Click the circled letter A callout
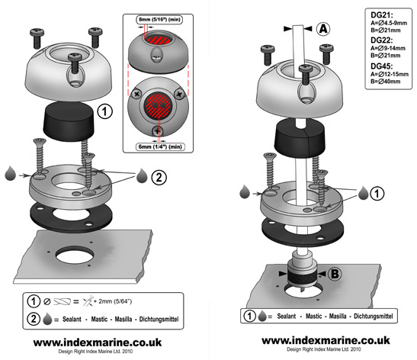coord(323,28)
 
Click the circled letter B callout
coord(335,274)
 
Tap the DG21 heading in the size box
coord(382,15)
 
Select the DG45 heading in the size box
coord(382,66)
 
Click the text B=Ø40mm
coord(385,81)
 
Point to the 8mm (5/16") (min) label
coord(159,19)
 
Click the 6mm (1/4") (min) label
coord(160,146)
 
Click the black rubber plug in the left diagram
coord(69,121)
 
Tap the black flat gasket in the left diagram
coord(70,217)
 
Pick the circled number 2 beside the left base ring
coord(159,177)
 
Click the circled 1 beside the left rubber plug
coord(104,111)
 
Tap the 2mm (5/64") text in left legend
coord(115,301)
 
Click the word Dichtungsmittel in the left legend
coord(159,319)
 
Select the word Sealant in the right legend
coord(286,316)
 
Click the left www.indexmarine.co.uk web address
coord(98,342)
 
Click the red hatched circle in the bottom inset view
coord(158,105)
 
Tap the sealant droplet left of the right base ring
coord(245,192)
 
